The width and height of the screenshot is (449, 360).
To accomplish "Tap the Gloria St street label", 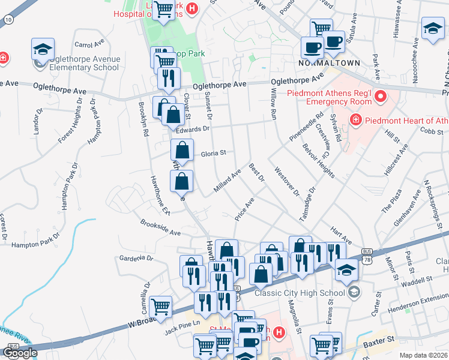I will click(213, 153).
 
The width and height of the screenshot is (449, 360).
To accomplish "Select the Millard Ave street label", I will click(228, 181).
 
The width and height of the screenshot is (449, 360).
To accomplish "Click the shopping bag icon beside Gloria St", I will click(182, 151).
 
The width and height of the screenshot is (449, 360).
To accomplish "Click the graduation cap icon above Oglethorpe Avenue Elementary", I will click(43, 49).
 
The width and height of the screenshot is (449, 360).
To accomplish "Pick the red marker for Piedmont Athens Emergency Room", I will click(379, 96).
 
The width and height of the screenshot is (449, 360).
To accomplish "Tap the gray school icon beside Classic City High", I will click(355, 292).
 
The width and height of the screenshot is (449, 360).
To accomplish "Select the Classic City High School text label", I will click(299, 293).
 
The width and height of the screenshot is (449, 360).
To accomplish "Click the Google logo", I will click(20, 353).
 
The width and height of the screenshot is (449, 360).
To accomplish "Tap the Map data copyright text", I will click(424, 355).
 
